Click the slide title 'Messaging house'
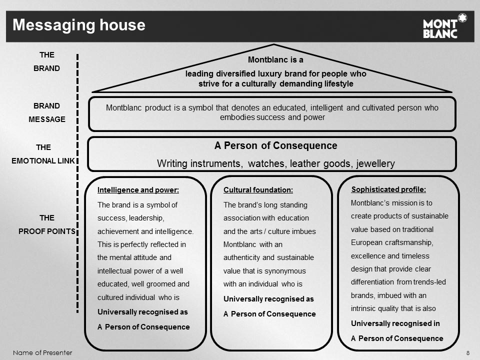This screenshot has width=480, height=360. (x=79, y=25)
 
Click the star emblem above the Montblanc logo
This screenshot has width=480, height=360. (x=462, y=18)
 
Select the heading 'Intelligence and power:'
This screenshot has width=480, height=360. (x=138, y=190)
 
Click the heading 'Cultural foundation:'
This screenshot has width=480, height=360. (x=258, y=190)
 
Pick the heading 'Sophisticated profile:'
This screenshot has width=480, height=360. (x=388, y=189)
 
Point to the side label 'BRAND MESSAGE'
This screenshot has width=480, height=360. (x=47, y=112)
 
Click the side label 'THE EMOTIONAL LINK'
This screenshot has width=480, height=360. (x=43, y=154)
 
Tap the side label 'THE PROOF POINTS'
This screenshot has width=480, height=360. (x=47, y=224)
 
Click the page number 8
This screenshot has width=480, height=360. (x=468, y=353)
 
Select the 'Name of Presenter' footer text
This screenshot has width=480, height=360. (x=42, y=352)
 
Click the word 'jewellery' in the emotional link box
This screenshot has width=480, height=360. (x=375, y=164)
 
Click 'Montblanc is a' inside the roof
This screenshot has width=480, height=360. (x=275, y=59)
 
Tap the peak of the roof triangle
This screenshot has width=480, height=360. (x=273, y=44)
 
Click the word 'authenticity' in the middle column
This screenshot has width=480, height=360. (x=242, y=258)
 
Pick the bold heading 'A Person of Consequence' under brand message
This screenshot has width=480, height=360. (x=276, y=145)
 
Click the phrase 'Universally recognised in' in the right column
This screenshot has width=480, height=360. (x=395, y=323)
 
